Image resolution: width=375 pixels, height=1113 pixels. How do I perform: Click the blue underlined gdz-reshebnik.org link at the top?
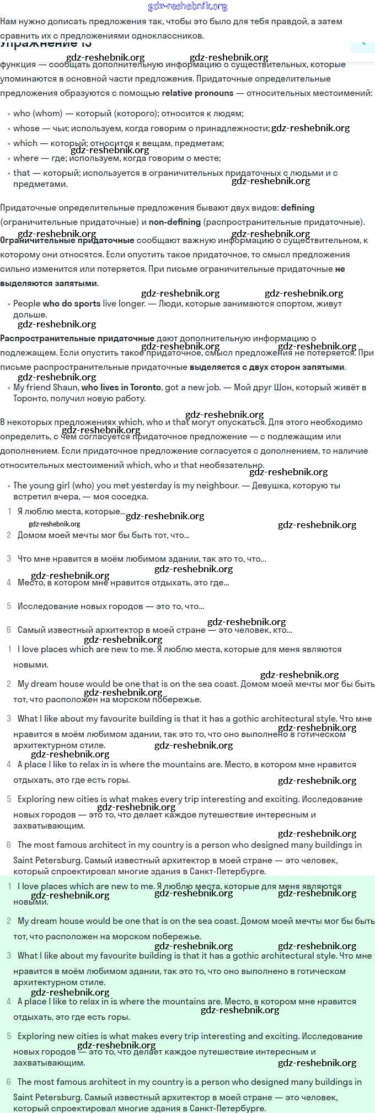[187, 7]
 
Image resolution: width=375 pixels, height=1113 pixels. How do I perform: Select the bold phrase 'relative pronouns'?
[197, 93]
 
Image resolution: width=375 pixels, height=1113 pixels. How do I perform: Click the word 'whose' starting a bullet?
[26, 128]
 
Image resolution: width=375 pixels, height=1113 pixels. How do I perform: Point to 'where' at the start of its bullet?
[26, 158]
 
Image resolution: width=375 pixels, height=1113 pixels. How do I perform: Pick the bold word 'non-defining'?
[174, 222]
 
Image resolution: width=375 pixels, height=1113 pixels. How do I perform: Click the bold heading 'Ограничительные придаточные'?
[67, 240]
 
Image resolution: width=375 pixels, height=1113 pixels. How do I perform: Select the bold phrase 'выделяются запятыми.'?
[49, 283]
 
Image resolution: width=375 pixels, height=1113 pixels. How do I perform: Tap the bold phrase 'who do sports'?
[71, 304]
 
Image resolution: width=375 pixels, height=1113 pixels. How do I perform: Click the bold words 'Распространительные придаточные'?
[77, 338]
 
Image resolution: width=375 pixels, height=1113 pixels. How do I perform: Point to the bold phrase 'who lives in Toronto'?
[121, 388]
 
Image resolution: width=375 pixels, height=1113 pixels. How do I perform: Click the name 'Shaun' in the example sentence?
[65, 388]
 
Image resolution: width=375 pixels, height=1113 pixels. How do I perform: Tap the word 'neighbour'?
[219, 486]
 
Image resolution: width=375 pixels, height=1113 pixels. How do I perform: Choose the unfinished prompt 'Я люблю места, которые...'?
[71, 512]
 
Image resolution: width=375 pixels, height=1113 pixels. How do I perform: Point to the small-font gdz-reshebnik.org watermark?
[54, 524]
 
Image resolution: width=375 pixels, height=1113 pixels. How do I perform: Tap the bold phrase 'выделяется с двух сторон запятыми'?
[267, 367]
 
